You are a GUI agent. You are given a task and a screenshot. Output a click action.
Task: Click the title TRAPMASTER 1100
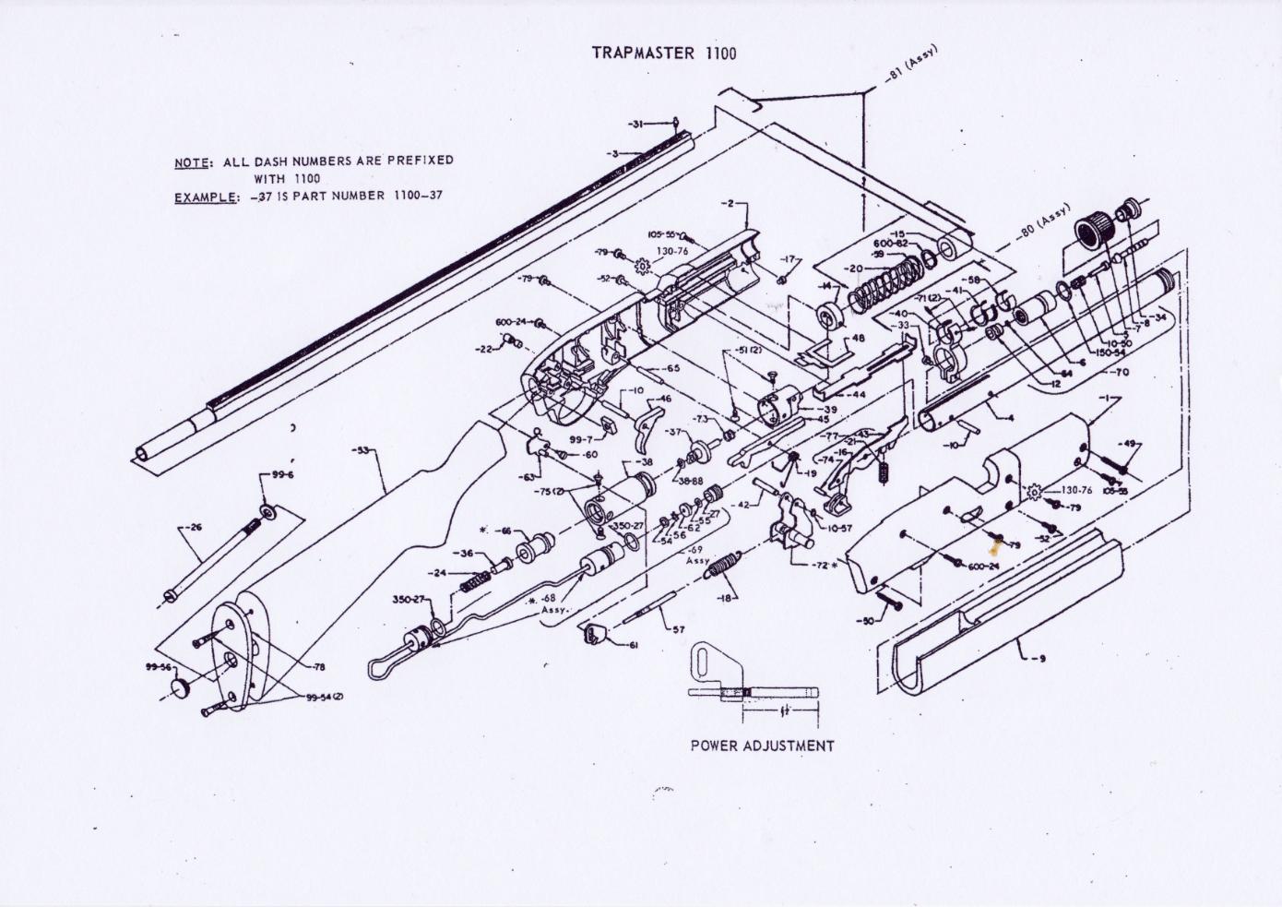(x=663, y=54)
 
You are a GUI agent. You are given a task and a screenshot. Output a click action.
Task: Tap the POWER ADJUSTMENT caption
(x=762, y=745)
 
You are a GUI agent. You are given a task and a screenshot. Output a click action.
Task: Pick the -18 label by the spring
(x=728, y=598)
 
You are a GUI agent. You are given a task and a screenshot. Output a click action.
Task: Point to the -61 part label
(x=633, y=646)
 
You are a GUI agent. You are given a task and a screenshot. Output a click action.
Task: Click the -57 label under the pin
(x=678, y=630)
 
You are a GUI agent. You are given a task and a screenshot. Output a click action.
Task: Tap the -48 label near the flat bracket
(x=857, y=339)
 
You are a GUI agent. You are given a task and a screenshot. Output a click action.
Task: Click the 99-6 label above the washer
(x=282, y=475)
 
